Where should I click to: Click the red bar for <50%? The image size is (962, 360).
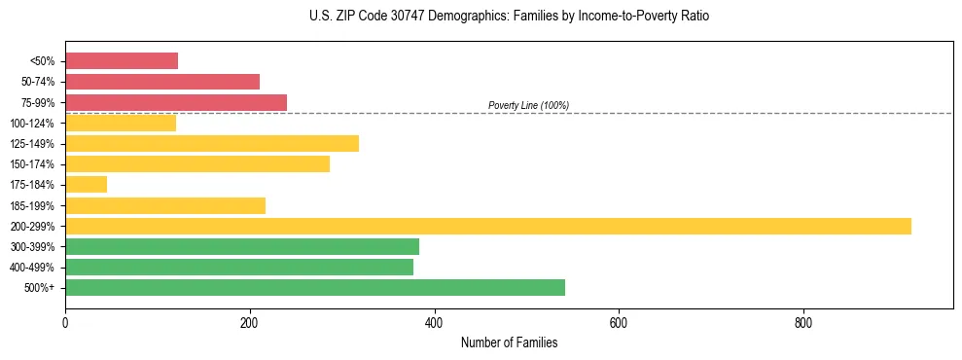click(122, 60)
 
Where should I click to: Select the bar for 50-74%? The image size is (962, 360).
click(162, 81)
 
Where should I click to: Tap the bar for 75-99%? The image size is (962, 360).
click(176, 102)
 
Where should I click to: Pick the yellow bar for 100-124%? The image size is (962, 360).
click(121, 123)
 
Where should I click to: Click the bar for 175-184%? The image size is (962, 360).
click(86, 185)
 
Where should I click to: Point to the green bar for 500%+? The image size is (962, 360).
click(315, 288)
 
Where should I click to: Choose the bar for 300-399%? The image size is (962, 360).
click(242, 246)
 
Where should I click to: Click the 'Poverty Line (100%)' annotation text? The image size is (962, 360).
click(528, 105)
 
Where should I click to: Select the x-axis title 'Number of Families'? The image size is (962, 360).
click(509, 342)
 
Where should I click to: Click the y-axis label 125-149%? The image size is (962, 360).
click(32, 144)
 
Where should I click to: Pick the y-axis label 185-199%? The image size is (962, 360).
click(32, 205)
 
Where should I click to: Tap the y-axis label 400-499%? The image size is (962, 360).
click(32, 268)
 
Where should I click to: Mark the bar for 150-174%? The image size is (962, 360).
click(197, 163)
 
